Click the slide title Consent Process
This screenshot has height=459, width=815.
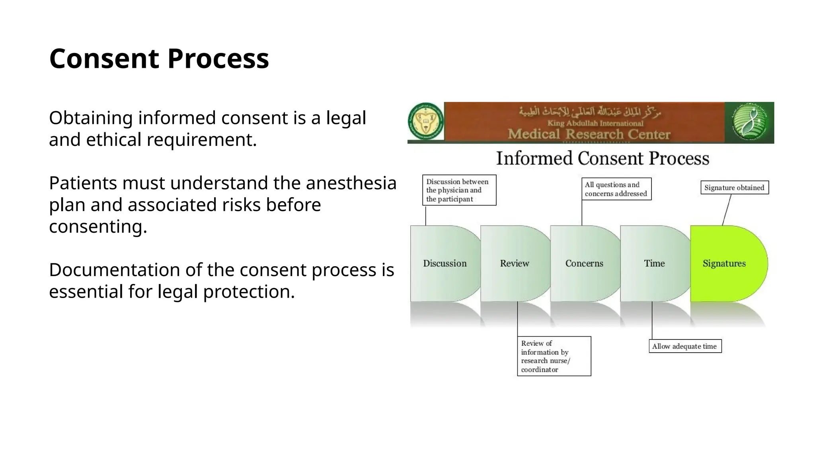point(159,59)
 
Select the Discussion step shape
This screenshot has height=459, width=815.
point(445,263)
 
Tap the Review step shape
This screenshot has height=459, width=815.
point(514,263)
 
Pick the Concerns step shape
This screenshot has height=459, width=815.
point(584,263)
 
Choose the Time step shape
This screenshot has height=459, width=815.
point(654,263)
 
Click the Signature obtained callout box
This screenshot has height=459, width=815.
point(734,188)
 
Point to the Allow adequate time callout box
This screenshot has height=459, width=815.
point(684,346)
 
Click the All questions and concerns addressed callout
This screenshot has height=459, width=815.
point(616,189)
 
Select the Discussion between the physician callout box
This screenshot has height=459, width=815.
point(459,190)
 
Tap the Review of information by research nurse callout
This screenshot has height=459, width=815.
point(554,356)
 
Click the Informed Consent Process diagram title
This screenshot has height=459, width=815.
point(602,159)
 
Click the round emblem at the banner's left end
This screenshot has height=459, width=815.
point(426,122)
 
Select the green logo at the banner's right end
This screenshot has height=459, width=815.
point(749,122)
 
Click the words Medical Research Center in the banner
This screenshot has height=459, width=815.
point(589,134)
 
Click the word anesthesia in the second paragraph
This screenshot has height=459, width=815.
point(351,183)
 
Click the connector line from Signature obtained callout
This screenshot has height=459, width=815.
point(727,210)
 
